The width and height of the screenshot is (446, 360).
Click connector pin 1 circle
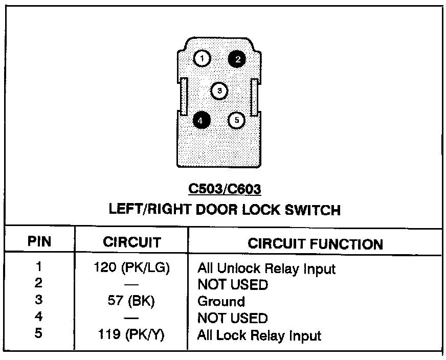tap(203, 59)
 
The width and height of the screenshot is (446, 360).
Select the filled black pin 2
tap(237, 59)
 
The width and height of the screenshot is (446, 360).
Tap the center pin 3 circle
tap(219, 91)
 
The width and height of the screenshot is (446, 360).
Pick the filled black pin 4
tap(202, 120)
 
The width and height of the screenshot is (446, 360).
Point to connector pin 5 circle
tap(236, 120)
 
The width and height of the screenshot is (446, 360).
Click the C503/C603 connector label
tap(225, 189)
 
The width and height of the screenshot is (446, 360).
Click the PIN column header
tap(39, 242)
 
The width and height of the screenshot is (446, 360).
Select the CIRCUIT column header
tap(131, 242)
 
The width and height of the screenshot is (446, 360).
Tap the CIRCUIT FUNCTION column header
tap(315, 244)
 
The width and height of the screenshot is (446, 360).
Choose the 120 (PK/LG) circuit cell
tap(131, 267)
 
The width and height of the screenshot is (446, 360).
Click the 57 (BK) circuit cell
tap(131, 301)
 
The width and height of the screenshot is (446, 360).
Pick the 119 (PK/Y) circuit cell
tap(131, 335)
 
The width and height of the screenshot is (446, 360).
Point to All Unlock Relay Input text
tap(266, 268)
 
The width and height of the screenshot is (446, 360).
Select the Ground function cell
tap(221, 302)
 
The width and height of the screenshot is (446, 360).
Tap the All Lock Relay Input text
tap(259, 336)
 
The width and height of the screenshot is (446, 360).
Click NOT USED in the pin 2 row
tap(232, 285)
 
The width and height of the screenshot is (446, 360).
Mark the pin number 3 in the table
tap(39, 301)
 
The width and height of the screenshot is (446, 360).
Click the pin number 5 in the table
tap(39, 334)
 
